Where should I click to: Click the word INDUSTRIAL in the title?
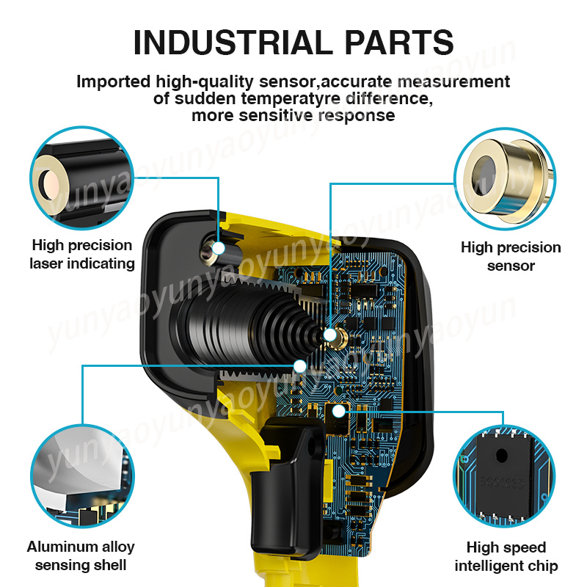coord(233,43)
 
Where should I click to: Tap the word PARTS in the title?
coord(399,43)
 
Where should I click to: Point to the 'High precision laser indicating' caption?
coord(82,255)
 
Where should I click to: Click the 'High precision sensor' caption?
coord(511,256)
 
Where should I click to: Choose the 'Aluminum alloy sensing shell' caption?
coord(81,556)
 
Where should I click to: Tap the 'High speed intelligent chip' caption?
coord(506,557)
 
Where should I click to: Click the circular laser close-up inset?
coord(81,178)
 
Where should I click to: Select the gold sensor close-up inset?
coord(505,179)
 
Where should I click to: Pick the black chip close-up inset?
coord(504,475)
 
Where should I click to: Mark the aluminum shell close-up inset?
coord(82,475)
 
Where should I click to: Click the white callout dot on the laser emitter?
coord(219,248)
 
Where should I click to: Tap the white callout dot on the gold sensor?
coord(329,335)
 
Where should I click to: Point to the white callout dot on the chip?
coord(339,412)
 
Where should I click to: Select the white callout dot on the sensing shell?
coord(300,366)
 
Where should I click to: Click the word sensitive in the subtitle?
coord(277,115)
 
